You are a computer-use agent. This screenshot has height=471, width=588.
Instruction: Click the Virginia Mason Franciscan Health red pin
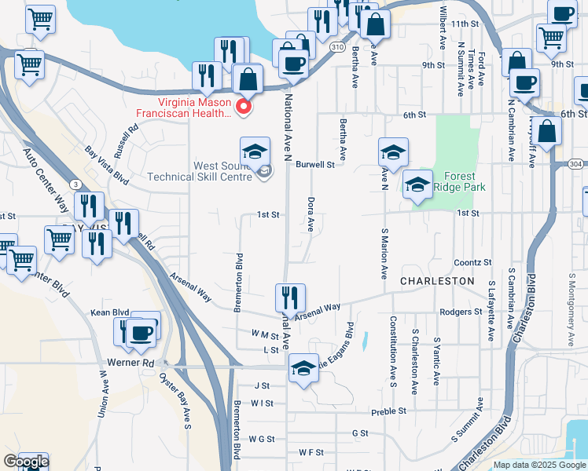[x=244, y=107]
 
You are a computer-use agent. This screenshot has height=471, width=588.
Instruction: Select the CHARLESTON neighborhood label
[x=437, y=280]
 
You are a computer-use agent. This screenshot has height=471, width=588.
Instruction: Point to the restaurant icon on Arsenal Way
[x=290, y=298]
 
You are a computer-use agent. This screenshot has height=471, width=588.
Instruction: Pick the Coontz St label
[x=472, y=262]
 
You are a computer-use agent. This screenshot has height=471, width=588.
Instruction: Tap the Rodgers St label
[x=461, y=312]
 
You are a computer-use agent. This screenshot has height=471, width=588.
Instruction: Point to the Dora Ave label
[x=311, y=214]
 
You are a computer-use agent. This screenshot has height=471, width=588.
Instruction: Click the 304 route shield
[x=575, y=164]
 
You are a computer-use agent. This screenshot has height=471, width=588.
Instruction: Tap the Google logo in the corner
[x=25, y=462]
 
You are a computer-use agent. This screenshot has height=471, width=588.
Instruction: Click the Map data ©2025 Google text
[x=539, y=465]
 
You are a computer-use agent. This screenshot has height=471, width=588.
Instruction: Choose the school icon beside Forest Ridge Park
[x=417, y=185]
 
